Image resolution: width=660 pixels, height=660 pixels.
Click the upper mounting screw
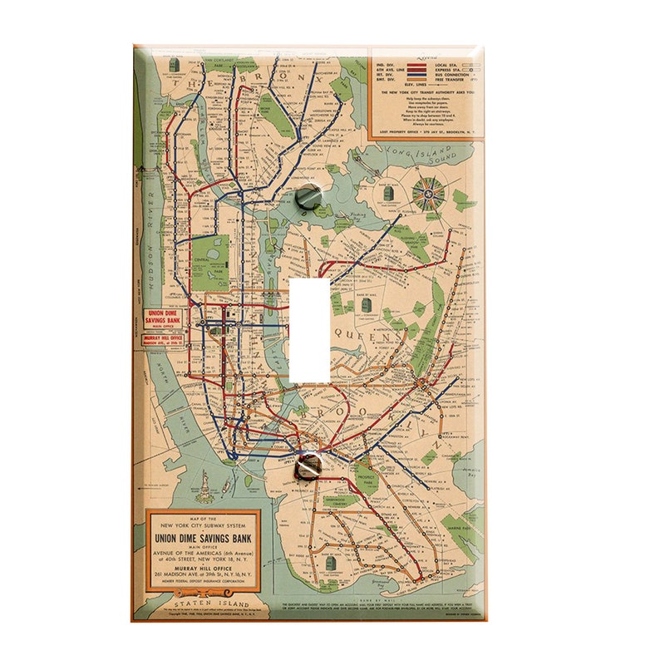[308, 196]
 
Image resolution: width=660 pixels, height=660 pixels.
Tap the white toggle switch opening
[309, 330]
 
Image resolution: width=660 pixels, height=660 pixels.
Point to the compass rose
[429, 193]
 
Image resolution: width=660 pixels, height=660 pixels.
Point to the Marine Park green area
[458, 522]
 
